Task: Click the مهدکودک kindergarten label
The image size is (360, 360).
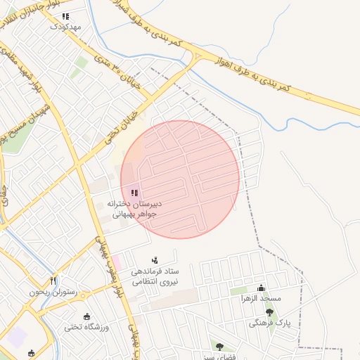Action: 65,27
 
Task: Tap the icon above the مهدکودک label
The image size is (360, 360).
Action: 65,16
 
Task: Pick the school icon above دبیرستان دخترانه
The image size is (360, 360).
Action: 134,193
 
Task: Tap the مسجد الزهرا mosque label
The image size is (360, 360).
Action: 261,298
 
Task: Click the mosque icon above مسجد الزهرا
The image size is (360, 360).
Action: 262,287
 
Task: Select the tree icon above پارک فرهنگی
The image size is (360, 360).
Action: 269,311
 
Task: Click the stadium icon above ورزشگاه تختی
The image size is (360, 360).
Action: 86,316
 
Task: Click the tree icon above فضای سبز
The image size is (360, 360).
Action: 219,346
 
